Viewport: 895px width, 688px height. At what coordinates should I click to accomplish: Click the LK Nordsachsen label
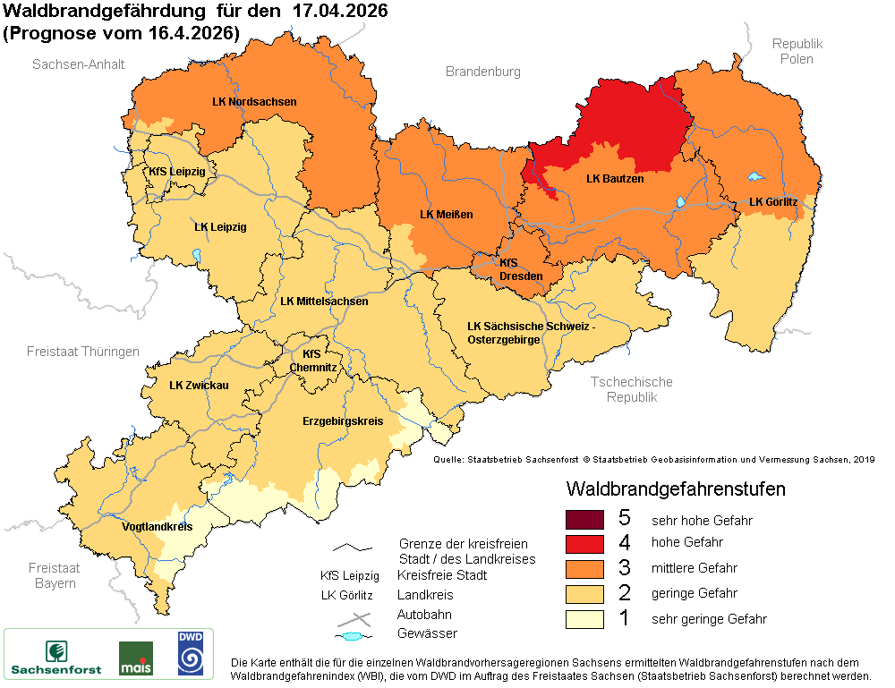[254, 102]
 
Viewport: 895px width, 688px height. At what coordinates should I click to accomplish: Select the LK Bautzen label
[615, 179]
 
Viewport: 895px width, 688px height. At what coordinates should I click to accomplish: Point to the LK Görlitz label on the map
[772, 202]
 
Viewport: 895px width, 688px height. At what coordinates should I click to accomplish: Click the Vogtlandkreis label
[157, 527]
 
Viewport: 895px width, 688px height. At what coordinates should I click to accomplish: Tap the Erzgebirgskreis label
[343, 420]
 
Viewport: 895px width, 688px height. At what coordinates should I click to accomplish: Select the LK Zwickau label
[199, 386]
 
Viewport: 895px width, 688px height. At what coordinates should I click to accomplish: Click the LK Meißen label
[446, 215]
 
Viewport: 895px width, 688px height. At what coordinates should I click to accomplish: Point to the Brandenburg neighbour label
[482, 72]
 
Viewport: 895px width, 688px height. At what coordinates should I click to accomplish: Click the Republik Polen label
[797, 51]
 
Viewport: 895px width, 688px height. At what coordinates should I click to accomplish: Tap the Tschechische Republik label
[631, 389]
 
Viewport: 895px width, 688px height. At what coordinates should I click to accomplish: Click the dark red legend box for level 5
[584, 519]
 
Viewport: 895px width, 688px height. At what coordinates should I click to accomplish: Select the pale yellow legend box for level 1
[584, 618]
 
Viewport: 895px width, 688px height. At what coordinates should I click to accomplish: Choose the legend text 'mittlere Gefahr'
[694, 568]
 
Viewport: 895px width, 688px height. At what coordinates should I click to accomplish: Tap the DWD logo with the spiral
[190, 654]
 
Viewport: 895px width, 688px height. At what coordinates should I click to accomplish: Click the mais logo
[135, 658]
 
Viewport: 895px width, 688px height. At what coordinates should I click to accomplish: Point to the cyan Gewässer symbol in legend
[354, 636]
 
